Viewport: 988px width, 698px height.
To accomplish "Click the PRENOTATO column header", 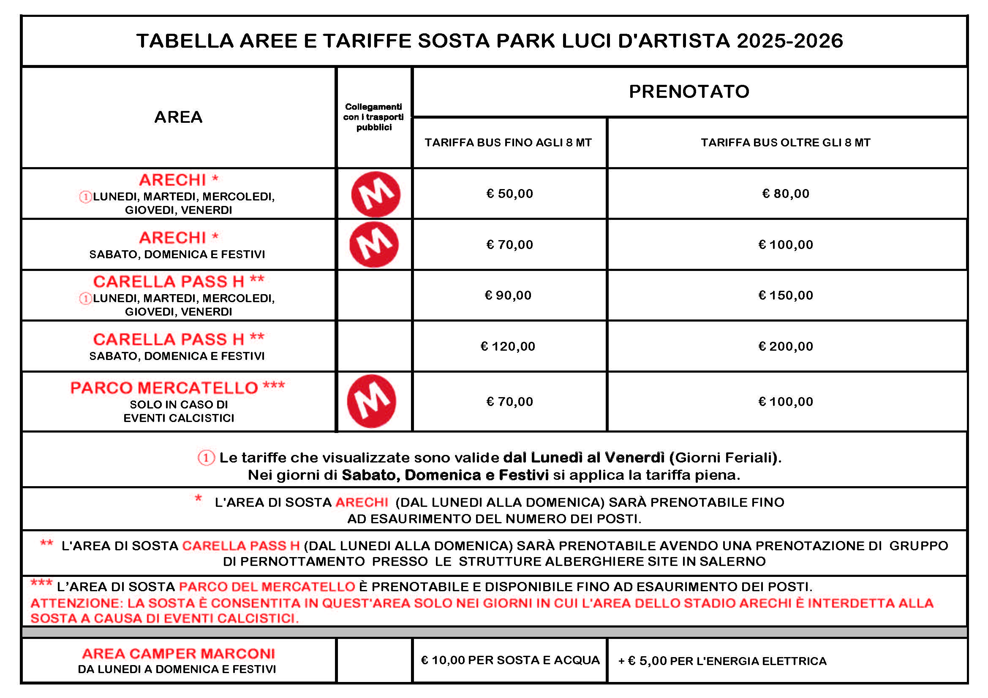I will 689,92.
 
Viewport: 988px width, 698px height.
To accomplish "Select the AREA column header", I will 178,117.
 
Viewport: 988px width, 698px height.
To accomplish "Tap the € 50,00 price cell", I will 509,194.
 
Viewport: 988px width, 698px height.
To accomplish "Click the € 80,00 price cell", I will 785,194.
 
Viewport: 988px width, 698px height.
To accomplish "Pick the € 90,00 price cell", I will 508,295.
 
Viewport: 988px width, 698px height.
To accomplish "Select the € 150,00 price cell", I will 785,295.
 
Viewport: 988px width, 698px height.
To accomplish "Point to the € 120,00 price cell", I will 508,346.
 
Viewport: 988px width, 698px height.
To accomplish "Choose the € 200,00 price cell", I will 785,346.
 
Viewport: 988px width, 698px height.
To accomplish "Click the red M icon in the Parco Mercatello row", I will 372,401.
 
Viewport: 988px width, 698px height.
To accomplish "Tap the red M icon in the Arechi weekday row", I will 376,194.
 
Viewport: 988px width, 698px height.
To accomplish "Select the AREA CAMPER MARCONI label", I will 178,654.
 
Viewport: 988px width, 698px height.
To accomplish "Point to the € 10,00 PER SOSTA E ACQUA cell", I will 510,660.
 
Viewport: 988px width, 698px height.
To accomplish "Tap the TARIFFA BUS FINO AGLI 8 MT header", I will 508,143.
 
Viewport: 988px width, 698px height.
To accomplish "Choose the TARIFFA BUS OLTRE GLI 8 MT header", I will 785,143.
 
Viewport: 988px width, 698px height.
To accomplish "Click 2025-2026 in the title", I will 789,41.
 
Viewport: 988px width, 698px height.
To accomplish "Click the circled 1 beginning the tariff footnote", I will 206,458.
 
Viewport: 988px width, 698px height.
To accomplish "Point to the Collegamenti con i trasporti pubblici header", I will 373,117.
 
